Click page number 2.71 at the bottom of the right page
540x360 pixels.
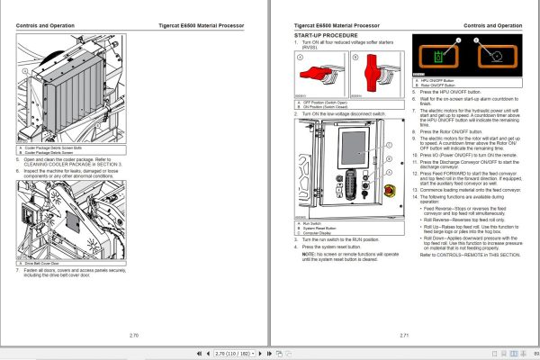click(x=403, y=334)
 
